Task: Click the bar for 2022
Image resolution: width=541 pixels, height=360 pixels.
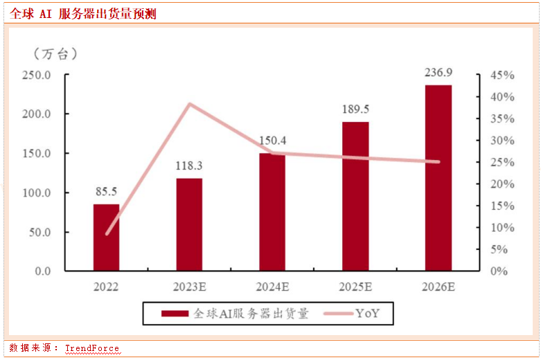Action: [106, 237]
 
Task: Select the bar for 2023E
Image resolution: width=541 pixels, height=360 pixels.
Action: [189, 224]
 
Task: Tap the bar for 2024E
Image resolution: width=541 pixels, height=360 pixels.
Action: [272, 211]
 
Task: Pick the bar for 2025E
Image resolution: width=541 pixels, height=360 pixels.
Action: [355, 196]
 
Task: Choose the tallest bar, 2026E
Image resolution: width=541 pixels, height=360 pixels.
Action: [438, 177]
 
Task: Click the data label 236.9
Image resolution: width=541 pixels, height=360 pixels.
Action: [438, 72]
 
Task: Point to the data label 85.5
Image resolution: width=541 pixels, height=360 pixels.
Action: [106, 191]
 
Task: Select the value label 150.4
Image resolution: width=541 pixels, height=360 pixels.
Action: [272, 141]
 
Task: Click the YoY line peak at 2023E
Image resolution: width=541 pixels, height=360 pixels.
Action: [189, 104]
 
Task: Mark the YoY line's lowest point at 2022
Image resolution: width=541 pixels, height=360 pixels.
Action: [107, 234]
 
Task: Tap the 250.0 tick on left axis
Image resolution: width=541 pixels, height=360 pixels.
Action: [37, 75]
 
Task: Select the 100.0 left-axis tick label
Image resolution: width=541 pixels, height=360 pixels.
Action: [37, 192]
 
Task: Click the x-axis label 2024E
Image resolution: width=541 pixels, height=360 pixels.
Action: [272, 287]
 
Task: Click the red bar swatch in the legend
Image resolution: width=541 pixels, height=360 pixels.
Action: [175, 314]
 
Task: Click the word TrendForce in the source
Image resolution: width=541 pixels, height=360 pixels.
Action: [92, 348]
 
